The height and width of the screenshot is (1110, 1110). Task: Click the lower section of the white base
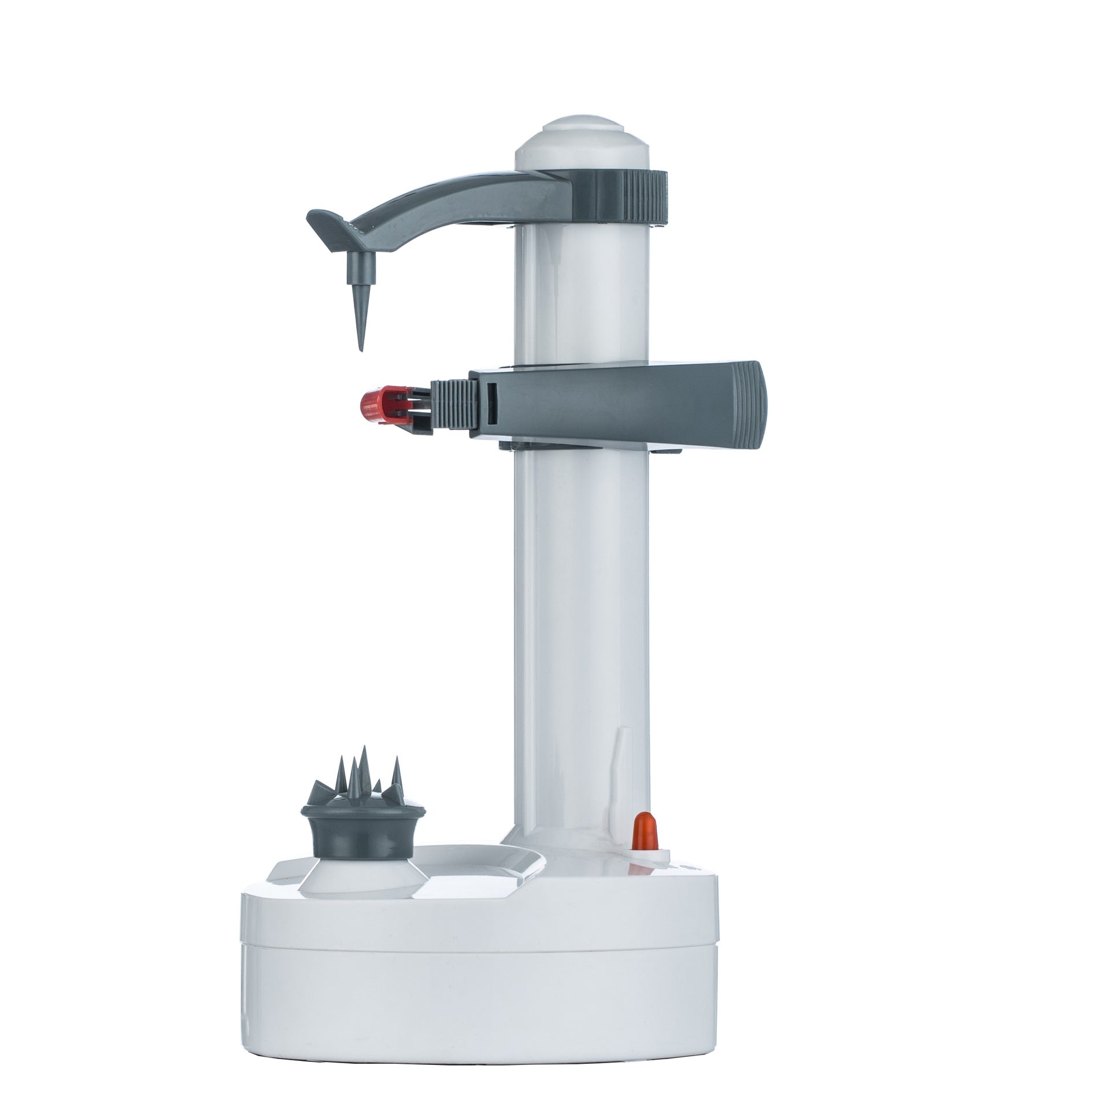[480, 1006]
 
